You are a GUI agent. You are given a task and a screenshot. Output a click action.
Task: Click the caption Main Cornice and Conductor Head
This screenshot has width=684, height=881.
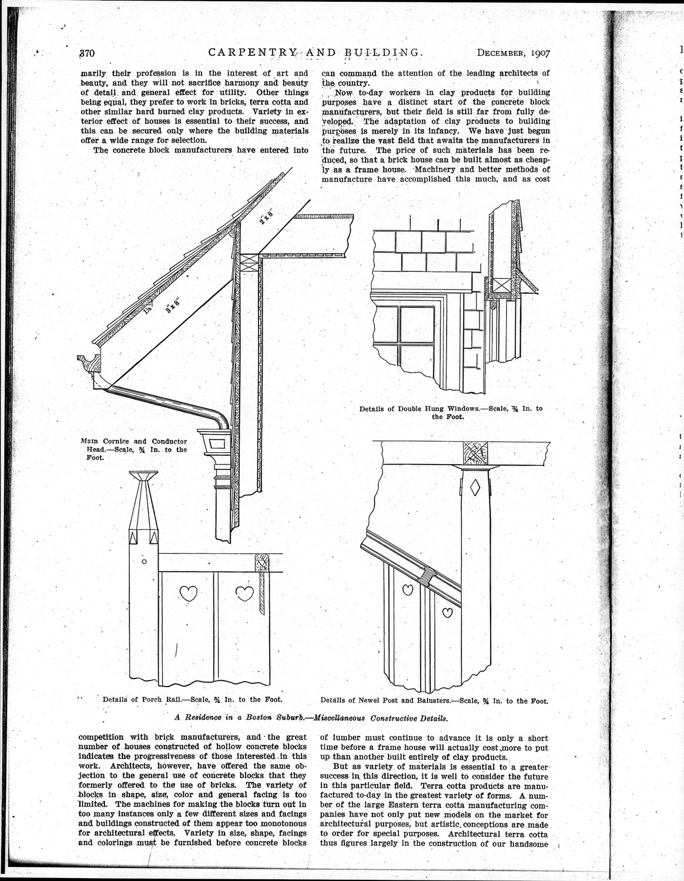(133, 449)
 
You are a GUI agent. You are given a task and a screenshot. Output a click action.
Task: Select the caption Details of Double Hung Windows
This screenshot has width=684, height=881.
(451, 412)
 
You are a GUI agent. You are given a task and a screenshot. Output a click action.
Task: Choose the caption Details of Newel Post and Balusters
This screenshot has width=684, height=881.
(434, 700)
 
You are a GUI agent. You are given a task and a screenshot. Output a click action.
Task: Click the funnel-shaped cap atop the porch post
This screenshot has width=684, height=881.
(143, 476)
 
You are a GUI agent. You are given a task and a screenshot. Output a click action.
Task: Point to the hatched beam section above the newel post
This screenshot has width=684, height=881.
(475, 453)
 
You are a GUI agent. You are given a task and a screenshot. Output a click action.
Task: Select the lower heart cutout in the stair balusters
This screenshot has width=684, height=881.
(448, 613)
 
